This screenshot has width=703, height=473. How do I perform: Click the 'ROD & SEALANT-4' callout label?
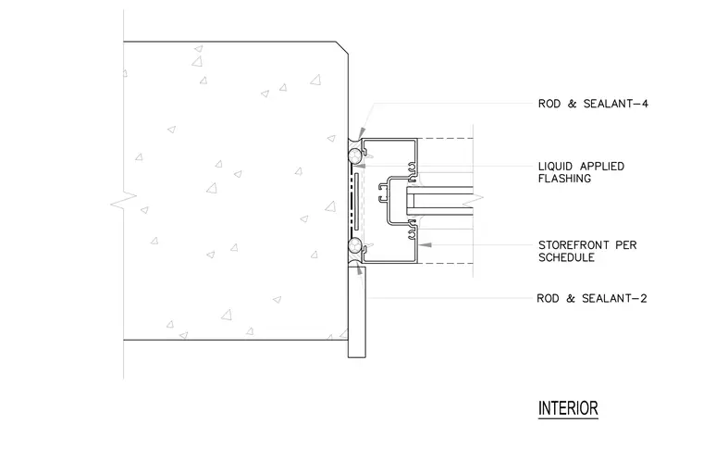tap(593, 104)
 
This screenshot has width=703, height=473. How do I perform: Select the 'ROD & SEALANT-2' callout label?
tap(592, 298)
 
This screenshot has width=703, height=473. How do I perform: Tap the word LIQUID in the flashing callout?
tap(556, 167)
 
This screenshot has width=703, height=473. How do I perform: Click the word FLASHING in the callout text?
tap(564, 179)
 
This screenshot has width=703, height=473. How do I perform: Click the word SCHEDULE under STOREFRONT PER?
tap(566, 257)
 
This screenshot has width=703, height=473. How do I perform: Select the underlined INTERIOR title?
tap(568, 409)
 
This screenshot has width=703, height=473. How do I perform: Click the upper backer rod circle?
tap(354, 156)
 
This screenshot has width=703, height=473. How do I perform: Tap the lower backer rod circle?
tap(354, 245)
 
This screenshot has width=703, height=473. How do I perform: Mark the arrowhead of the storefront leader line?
tap(425, 245)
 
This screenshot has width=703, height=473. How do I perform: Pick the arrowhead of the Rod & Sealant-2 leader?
tap(359, 269)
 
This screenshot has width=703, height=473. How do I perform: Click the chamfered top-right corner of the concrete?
tap(342, 48)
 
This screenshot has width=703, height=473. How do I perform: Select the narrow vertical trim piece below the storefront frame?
tap(357, 312)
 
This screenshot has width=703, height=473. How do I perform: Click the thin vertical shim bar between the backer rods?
tap(356, 200)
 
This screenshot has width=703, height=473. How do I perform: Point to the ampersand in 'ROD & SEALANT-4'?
tap(572, 104)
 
